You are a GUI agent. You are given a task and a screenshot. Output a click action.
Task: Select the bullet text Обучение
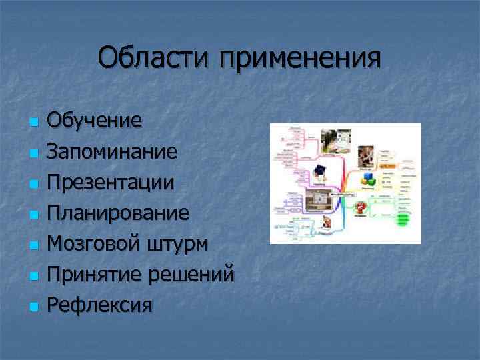[x=94, y=121]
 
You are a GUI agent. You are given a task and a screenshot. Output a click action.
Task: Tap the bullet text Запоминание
[x=112, y=152]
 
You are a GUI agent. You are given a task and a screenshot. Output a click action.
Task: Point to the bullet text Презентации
[x=111, y=183]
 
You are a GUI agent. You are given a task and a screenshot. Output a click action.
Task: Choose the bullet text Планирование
[x=118, y=213]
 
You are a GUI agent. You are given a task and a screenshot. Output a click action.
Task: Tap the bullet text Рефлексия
[x=100, y=305]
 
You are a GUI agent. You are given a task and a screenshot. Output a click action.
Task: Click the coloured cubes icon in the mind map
[x=369, y=179]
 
